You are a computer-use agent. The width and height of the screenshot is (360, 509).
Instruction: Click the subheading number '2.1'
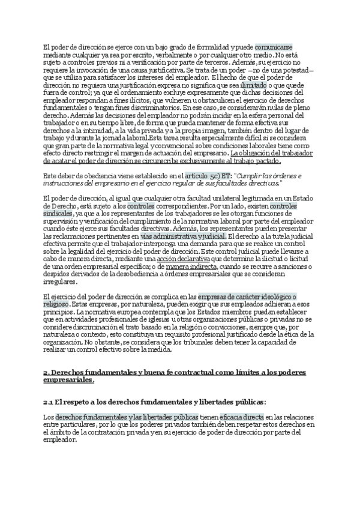click(50, 402)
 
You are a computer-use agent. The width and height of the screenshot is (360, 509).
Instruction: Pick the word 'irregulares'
click(60, 282)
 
